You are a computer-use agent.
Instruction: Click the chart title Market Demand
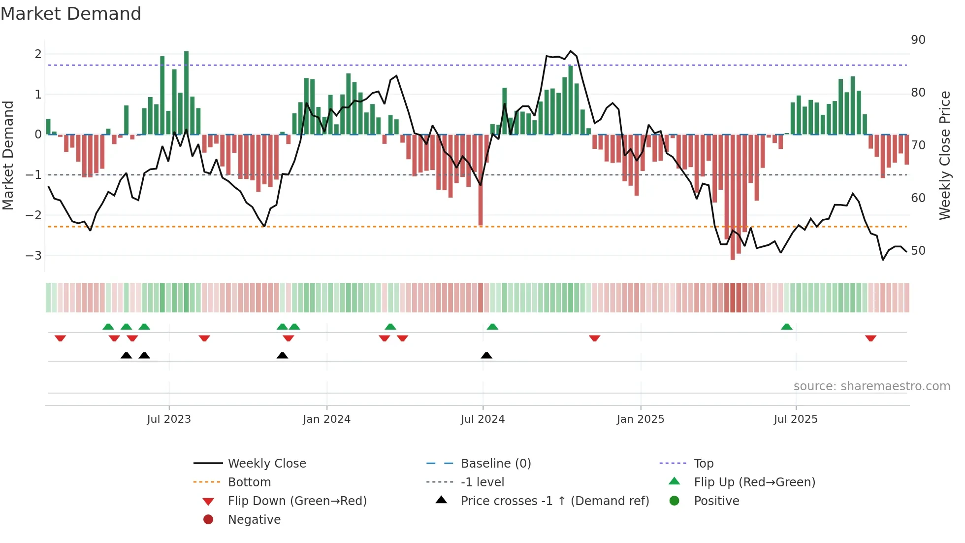click(x=71, y=14)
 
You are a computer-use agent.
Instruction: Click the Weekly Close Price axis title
click(x=944, y=155)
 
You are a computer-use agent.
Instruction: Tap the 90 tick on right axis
click(x=918, y=40)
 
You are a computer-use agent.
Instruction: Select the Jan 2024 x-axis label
click(x=326, y=419)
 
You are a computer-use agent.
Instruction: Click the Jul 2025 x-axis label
click(x=795, y=419)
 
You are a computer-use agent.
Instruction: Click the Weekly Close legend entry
click(x=266, y=464)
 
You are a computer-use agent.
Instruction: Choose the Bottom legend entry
click(x=249, y=482)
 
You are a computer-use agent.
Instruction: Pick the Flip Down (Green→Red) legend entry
click(x=297, y=501)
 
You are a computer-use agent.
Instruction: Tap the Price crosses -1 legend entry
click(x=554, y=501)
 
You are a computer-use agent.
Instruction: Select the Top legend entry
click(x=703, y=464)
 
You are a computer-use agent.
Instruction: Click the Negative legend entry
click(x=254, y=520)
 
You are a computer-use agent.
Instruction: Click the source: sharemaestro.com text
click(x=871, y=386)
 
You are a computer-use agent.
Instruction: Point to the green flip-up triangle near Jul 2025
click(x=786, y=327)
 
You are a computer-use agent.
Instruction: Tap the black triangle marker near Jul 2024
click(x=486, y=355)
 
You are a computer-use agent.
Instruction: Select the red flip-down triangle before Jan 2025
click(x=594, y=338)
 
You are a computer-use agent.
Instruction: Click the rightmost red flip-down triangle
click(x=870, y=338)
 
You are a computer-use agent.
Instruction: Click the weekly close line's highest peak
click(x=571, y=51)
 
